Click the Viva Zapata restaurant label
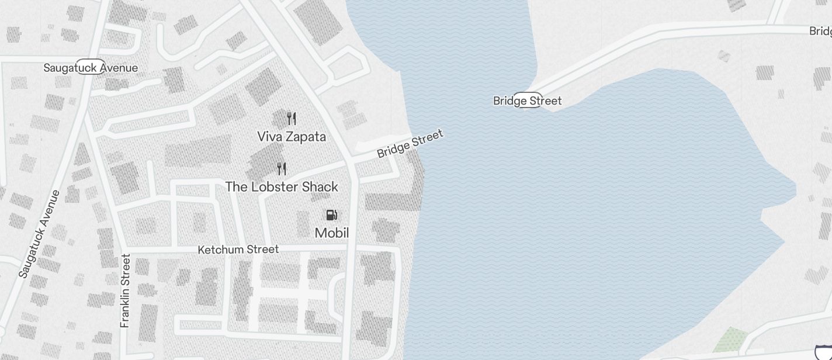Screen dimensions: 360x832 click(292, 137)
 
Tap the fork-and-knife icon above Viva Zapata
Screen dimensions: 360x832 click(292, 119)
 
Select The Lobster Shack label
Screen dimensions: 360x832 click(282, 187)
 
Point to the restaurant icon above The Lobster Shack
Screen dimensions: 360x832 click(282, 169)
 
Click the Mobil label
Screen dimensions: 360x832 click(332, 233)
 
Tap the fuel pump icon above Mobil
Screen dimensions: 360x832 click(331, 215)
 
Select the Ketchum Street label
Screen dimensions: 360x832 click(238, 250)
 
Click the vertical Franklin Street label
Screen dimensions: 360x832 click(125, 290)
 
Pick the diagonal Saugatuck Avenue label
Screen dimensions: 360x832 click(39, 234)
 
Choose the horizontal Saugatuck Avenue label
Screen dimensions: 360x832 click(91, 68)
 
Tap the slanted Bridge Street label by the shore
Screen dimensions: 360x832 click(410, 144)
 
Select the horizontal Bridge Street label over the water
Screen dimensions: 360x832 click(527, 101)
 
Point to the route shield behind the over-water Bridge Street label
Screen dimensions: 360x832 click(528, 100)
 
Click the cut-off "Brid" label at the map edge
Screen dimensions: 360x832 click(820, 31)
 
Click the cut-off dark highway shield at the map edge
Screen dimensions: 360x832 click(824, 352)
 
